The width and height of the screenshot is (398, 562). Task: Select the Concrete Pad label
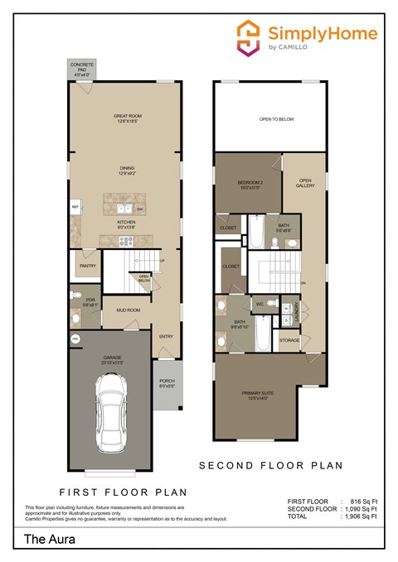[x=81, y=70]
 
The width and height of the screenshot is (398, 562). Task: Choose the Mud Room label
[x=127, y=310]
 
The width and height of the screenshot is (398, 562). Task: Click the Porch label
[x=167, y=384]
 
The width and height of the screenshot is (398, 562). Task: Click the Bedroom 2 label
[x=250, y=184]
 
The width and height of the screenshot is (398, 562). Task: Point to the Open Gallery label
[x=305, y=184]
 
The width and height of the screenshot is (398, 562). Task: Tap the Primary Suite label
[x=269, y=394]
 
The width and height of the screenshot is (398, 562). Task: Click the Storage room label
[x=289, y=340]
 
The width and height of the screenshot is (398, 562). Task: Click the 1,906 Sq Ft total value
[x=360, y=516]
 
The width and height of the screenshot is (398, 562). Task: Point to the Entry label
[x=166, y=336]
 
